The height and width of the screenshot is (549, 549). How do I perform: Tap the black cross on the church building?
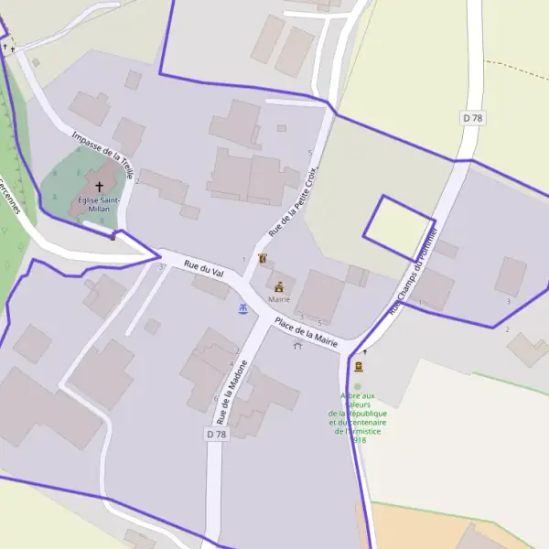(100, 186)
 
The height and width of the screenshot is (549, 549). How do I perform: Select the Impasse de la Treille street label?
(103, 155)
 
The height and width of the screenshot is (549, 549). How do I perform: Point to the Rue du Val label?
(204, 268)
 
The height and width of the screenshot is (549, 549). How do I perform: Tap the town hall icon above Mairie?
(279, 286)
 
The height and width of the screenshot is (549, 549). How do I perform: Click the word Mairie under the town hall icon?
(279, 299)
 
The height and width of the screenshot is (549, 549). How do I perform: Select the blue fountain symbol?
(243, 309)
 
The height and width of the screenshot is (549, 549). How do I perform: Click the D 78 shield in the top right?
(471, 118)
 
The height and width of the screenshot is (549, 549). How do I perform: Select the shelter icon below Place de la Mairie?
(297, 345)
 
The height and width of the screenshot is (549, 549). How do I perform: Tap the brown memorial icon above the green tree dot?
(358, 366)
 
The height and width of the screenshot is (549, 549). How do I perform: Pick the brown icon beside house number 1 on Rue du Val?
(264, 259)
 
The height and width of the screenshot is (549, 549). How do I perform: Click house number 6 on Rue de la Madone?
(215, 399)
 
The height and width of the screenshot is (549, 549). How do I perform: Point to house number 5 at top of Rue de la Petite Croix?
(311, 152)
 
